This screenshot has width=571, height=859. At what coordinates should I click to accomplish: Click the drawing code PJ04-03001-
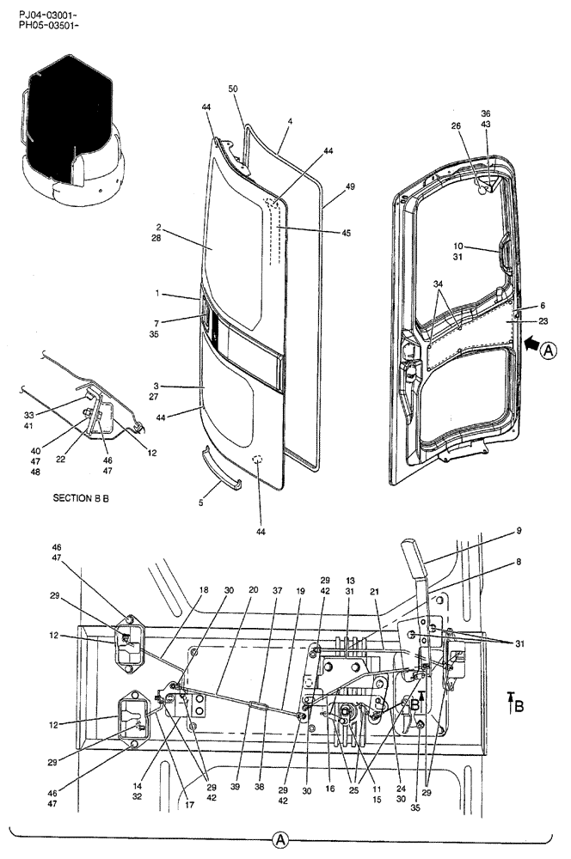47,15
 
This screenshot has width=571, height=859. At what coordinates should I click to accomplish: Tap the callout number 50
233,88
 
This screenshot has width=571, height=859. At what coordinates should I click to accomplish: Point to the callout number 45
321,233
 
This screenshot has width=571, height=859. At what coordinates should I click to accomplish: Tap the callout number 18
204,591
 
